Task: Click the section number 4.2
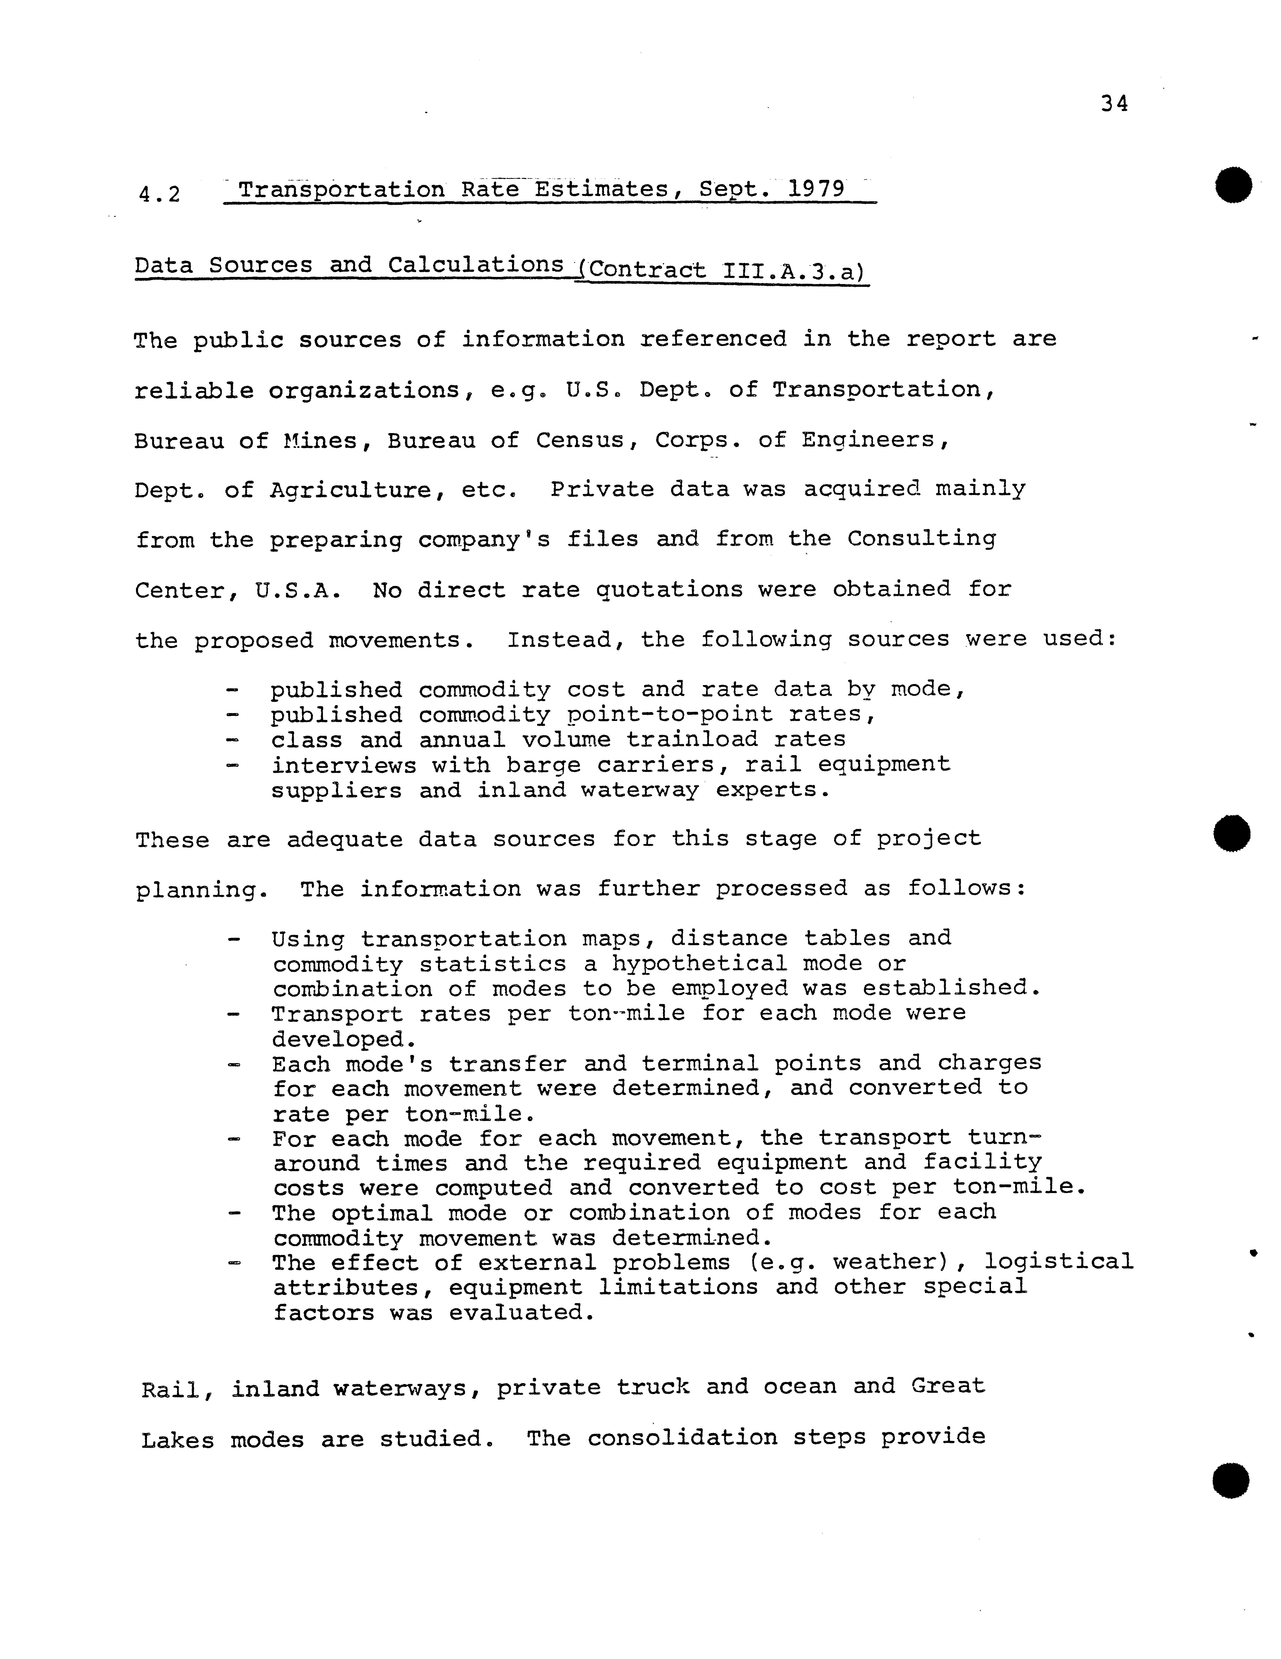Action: (x=159, y=194)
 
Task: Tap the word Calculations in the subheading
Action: (x=476, y=265)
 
